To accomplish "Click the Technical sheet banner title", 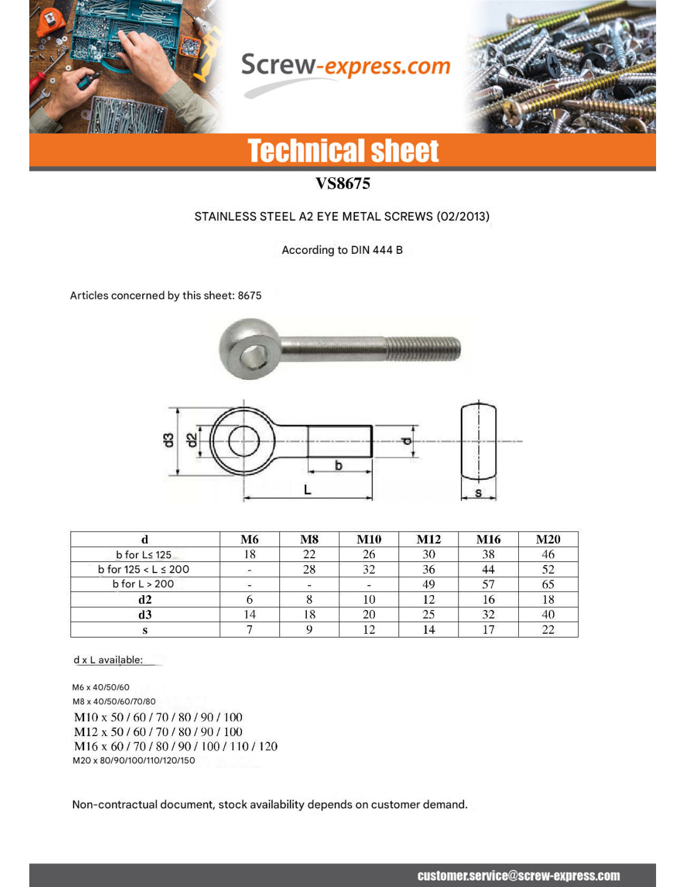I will click(x=343, y=151).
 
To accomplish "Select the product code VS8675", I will click(x=342, y=183).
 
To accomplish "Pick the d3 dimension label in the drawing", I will click(x=168, y=440).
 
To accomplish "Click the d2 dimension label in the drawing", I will click(x=193, y=440).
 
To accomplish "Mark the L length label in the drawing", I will click(x=307, y=490).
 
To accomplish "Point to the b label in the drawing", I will click(x=339, y=465).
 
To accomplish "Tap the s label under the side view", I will click(x=478, y=493).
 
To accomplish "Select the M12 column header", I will click(x=428, y=540).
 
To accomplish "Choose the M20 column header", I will click(x=548, y=540).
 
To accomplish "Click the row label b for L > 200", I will click(x=143, y=584).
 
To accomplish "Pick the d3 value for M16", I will click(x=488, y=614).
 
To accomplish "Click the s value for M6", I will click(x=249, y=629).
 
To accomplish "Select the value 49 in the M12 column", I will click(x=428, y=584).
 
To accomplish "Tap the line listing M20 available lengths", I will click(x=133, y=760).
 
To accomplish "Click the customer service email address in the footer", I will click(x=518, y=876).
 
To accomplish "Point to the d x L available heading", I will click(x=108, y=660).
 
